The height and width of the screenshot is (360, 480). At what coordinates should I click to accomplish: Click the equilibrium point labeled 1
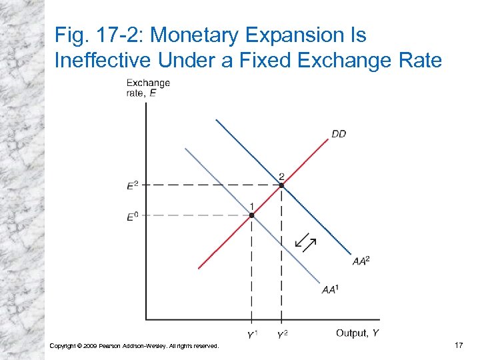[x=251, y=215]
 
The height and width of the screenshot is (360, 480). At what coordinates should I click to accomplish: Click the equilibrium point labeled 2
[x=281, y=185]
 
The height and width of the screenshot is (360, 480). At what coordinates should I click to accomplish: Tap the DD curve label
[x=339, y=134]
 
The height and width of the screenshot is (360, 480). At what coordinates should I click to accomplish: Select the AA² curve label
[x=361, y=261]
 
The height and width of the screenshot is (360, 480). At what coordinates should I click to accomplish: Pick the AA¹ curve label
[x=329, y=289]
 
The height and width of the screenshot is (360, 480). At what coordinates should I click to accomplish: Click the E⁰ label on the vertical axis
[x=133, y=215]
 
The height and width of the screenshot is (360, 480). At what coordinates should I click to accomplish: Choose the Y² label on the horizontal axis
[x=282, y=334]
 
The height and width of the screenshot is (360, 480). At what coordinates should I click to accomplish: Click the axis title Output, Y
[x=358, y=333]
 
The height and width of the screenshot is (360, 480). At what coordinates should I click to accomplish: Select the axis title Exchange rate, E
[x=147, y=88]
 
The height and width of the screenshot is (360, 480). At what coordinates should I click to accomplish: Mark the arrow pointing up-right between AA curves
[x=310, y=245]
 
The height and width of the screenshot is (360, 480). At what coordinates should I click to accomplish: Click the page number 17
[x=458, y=345]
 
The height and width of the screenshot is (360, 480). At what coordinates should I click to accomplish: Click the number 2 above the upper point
[x=281, y=176]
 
